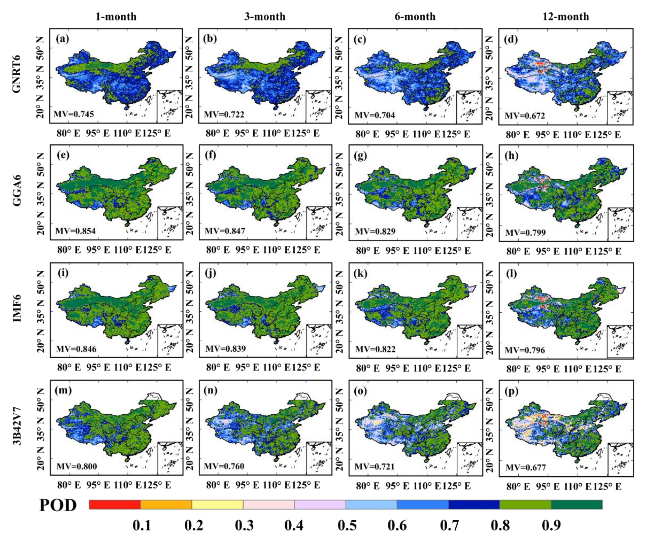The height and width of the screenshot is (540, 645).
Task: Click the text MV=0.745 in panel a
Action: pos(74,114)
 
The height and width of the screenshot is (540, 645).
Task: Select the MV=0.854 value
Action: pos(75,231)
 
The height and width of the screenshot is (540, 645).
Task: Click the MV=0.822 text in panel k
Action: pos(375,349)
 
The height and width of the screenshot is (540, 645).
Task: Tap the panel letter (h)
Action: pos(511,156)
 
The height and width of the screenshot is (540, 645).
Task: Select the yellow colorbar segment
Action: pos(217,504)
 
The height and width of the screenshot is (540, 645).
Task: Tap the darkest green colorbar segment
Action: pos(577,504)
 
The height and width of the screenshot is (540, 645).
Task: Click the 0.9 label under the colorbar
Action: pos(551,526)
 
